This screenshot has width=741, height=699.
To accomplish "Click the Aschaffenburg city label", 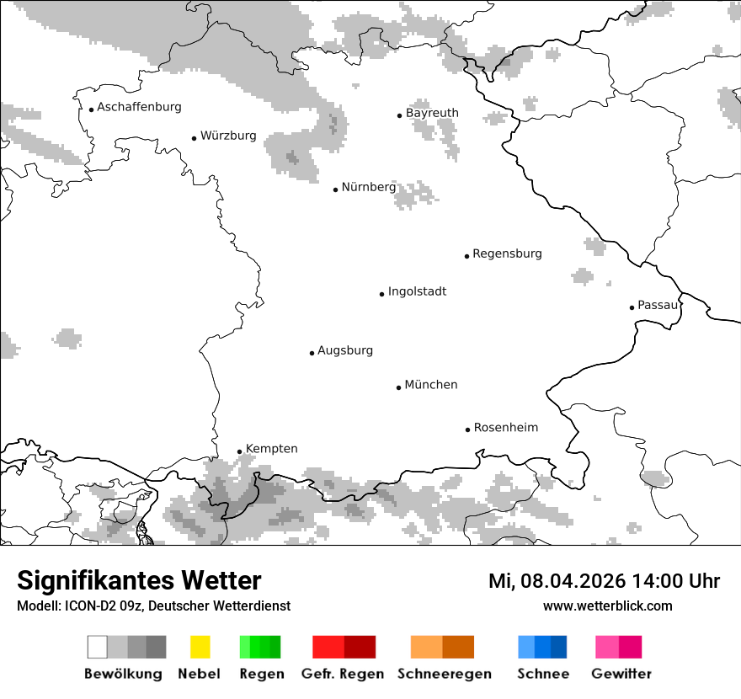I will (x=139, y=108).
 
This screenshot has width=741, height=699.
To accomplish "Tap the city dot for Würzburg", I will (x=194, y=137).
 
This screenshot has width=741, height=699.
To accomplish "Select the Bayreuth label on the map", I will (x=432, y=113).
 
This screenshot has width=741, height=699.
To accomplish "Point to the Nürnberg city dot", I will (x=335, y=189).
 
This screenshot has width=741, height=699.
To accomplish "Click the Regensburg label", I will (x=507, y=253).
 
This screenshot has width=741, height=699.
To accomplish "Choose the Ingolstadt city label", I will (x=417, y=292).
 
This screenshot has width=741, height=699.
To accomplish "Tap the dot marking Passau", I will (x=632, y=307).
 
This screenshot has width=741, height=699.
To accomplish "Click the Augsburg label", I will (x=345, y=350).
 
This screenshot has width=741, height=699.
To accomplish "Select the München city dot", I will (x=398, y=387).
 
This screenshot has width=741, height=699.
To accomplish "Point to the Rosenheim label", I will (x=505, y=428).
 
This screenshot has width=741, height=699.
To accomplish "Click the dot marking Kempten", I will (x=239, y=451).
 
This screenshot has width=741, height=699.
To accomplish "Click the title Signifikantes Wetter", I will (x=139, y=580).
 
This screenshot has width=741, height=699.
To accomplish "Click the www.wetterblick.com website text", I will (x=607, y=606).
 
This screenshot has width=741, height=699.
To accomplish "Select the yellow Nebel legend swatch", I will (x=200, y=647).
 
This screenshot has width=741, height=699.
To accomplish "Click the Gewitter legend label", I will (x=621, y=674).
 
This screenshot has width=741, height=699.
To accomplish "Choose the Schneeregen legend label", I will (x=444, y=674).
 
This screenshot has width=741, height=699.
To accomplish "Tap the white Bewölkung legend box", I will (x=98, y=647).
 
